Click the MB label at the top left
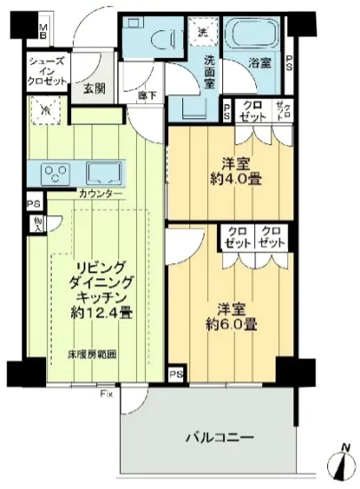click(x=43, y=33)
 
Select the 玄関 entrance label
click(x=96, y=90)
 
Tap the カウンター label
click(x=99, y=195)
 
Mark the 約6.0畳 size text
click(x=234, y=325)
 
